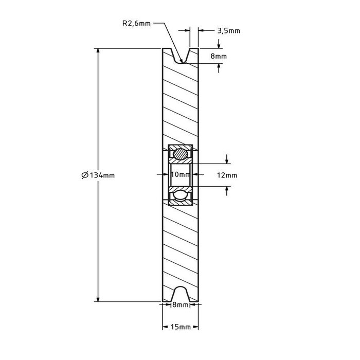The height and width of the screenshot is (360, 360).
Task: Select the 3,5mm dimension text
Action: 228,31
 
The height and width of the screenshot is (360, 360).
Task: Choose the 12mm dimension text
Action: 227,175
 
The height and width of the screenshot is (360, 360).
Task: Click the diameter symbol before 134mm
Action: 85,175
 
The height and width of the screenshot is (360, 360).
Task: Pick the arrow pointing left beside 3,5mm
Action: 201,31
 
